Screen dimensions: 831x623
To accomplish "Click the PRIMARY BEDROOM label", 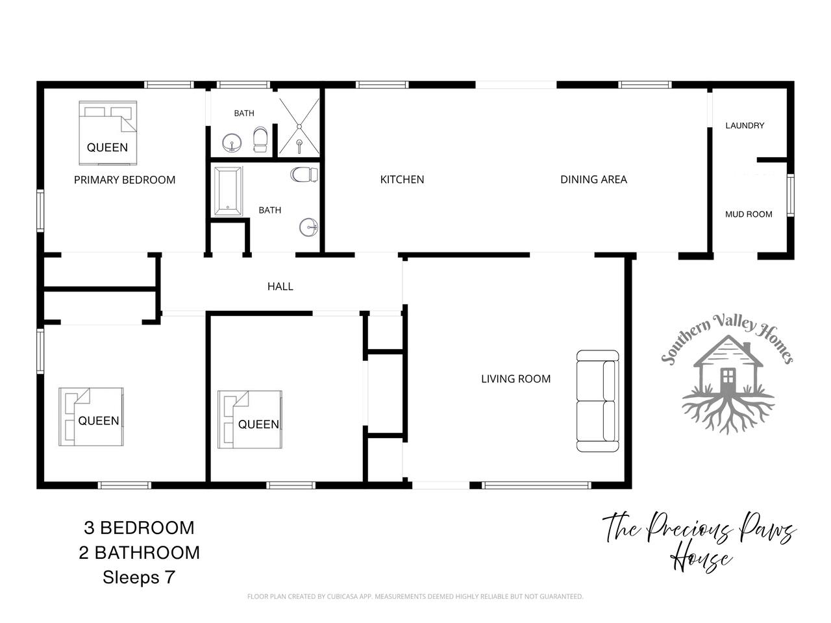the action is point(125,180).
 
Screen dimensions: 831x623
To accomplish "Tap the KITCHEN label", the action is point(402,179).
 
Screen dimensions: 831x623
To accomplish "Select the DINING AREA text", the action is point(593,179).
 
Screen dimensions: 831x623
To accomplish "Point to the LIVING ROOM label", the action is point(515,378).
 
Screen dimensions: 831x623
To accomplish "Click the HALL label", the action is point(280,286).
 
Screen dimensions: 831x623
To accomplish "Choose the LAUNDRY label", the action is point(745,126).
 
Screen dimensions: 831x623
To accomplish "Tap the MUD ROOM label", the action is point(749,214).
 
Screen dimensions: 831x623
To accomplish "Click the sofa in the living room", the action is point(597,401).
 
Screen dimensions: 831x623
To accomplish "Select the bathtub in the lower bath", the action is point(228,191).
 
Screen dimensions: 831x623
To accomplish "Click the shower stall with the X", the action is point(299,127).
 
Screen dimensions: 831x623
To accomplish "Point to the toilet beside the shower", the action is point(260,140).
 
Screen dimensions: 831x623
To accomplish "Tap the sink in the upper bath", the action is point(231,143).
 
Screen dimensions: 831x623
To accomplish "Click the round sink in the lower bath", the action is point(308,227).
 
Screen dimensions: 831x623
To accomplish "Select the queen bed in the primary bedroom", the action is point(108,133).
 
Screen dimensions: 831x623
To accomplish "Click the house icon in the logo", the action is point(728,367).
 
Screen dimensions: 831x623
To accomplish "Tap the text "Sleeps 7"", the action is point(138,577).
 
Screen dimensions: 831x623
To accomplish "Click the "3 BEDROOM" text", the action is point(139,528).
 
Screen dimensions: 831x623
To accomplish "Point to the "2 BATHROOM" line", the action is point(139,553).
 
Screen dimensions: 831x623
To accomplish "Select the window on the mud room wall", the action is point(791,195).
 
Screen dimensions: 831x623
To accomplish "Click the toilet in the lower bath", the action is point(304,175).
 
